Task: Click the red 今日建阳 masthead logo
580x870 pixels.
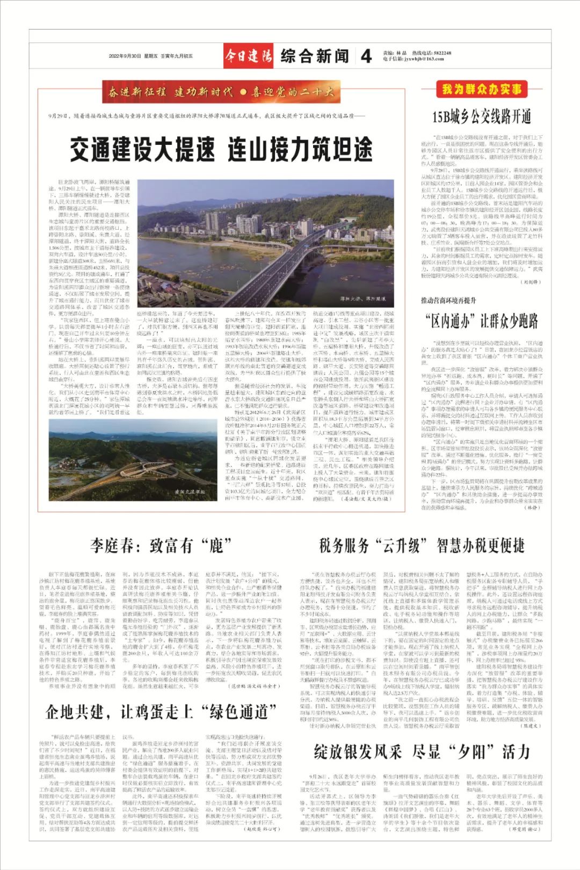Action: (248, 56)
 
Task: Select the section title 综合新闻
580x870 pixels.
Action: (314, 56)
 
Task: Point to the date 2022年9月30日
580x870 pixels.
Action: (125, 56)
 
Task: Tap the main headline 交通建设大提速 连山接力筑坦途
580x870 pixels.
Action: (221, 149)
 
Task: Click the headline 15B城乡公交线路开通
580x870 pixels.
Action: (481, 117)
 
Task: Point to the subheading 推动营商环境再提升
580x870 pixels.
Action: (448, 301)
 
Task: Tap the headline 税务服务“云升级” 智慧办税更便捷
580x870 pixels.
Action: (421, 546)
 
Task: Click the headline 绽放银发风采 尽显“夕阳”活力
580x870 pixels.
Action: (421, 751)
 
